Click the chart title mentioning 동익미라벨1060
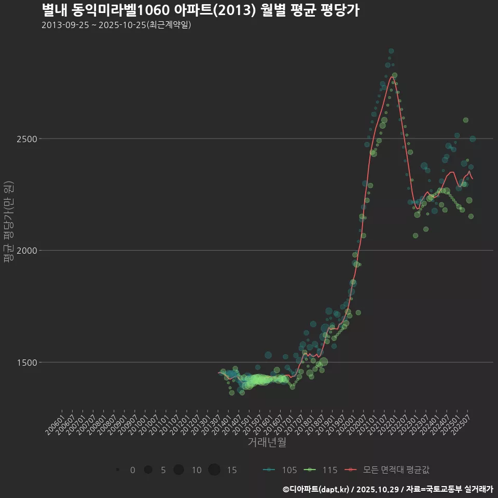[x=200, y=10]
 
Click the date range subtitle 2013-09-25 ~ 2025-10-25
[x=116, y=25]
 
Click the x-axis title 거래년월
[x=267, y=442]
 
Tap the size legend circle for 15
[x=214, y=470]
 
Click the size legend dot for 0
[x=118, y=470]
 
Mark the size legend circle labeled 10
[x=178, y=470]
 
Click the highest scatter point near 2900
[x=391, y=51]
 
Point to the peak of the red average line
[x=392, y=77]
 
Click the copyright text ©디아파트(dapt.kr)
[x=316, y=489]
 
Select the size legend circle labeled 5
[x=148, y=470]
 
